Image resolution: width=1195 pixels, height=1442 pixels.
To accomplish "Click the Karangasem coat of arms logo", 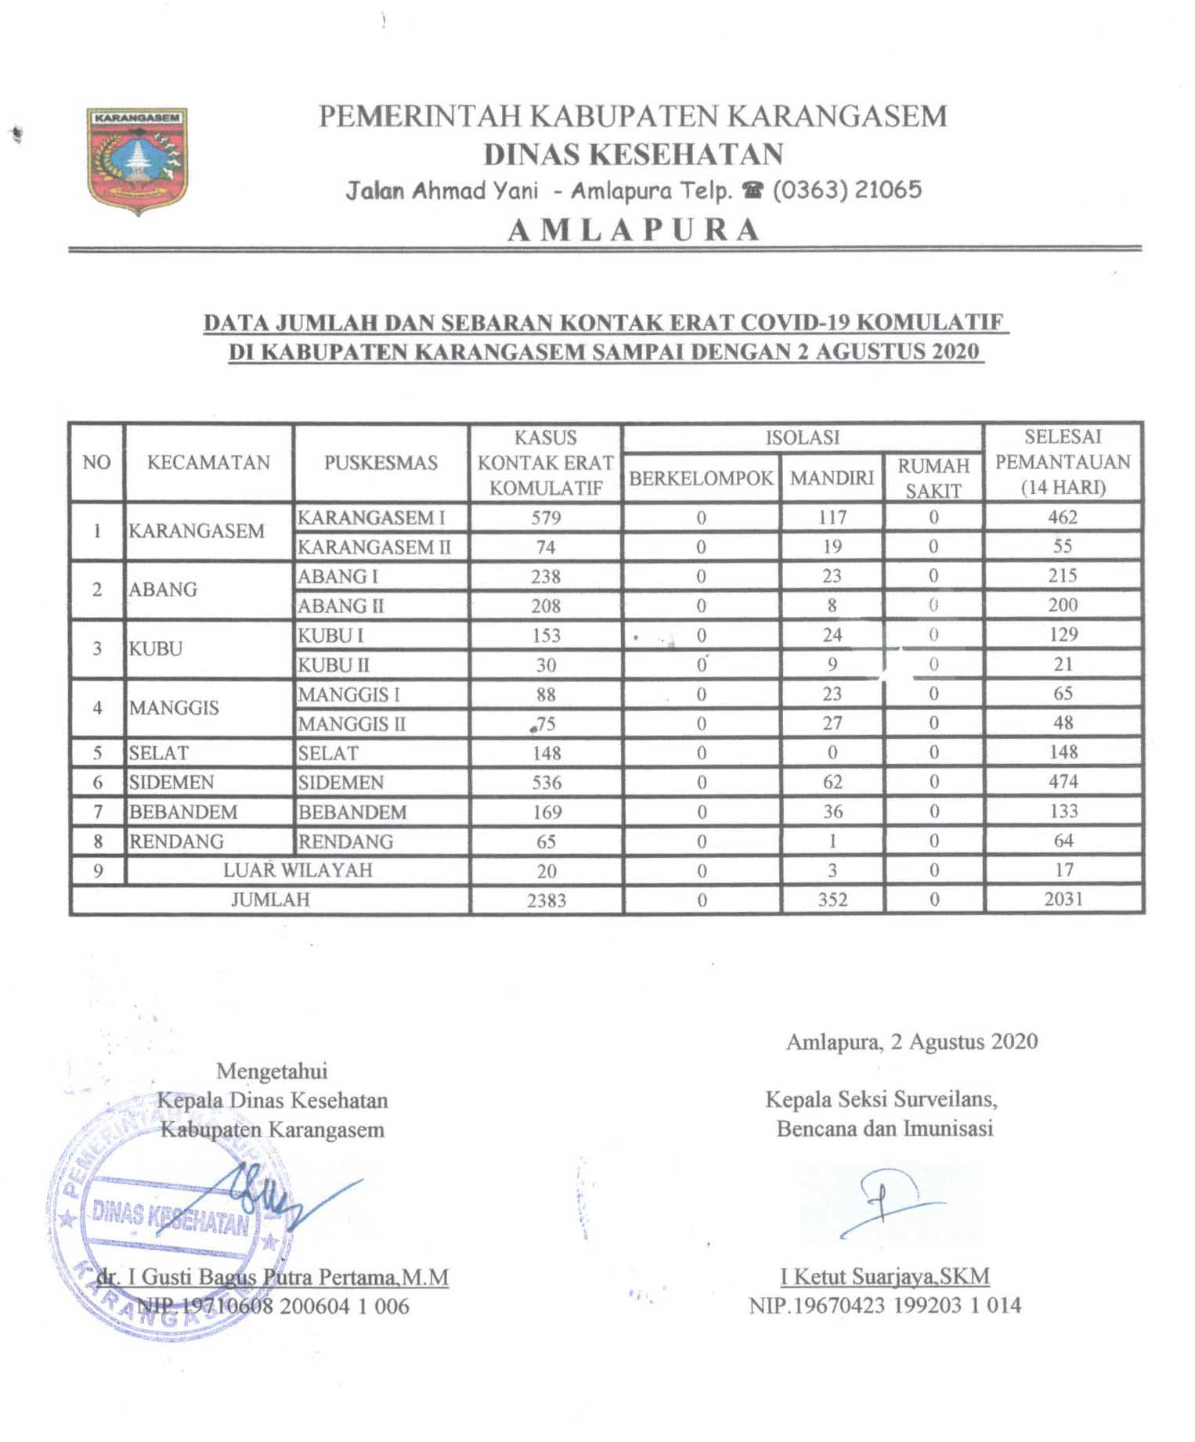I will click(x=137, y=161).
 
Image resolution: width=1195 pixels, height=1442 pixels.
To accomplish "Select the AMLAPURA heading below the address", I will click(x=634, y=230).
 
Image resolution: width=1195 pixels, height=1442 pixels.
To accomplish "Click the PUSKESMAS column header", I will click(x=381, y=463).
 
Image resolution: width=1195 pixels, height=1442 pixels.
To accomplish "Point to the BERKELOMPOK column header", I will click(x=701, y=478).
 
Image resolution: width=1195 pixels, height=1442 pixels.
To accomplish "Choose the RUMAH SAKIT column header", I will click(x=933, y=478).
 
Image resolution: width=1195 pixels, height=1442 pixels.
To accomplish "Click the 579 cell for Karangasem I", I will click(x=546, y=517).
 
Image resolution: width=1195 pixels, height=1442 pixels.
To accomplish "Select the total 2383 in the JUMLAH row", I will click(x=546, y=900).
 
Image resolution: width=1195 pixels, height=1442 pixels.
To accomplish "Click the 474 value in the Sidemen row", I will click(x=1063, y=781).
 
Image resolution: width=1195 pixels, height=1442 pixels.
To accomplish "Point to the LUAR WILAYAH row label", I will click(x=298, y=871).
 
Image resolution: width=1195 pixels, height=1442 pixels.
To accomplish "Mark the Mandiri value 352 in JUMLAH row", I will click(x=832, y=899).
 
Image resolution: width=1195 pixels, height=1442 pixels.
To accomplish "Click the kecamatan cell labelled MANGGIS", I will click(x=174, y=708).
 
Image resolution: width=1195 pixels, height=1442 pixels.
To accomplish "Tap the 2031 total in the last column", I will click(x=1063, y=899).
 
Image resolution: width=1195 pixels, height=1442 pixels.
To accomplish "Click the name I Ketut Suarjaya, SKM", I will click(x=885, y=1277).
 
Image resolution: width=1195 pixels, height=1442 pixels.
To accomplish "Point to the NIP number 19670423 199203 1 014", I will click(x=885, y=1306).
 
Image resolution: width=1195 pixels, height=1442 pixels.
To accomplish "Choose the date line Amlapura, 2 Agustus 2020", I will click(x=912, y=1042).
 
